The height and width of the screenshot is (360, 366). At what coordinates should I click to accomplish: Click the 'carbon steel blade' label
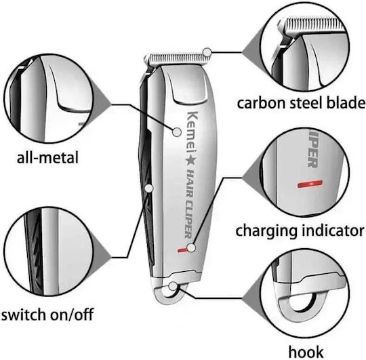click(x=301, y=103)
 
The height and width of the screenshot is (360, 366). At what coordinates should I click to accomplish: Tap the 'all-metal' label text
click(x=47, y=157)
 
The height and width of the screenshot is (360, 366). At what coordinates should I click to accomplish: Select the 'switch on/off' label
click(x=47, y=315)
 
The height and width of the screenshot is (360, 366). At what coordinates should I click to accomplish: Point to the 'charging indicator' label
click(x=300, y=231)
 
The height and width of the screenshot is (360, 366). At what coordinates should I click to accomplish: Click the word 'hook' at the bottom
click(x=306, y=352)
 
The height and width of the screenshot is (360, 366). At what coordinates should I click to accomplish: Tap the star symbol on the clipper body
click(x=191, y=161)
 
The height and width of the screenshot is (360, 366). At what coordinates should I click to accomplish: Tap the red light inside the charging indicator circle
click(x=310, y=184)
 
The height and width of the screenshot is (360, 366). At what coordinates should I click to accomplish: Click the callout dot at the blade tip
click(x=207, y=52)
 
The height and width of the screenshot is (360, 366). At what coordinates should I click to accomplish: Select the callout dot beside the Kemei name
click(x=177, y=132)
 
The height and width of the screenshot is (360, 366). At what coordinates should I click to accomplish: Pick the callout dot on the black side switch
click(x=148, y=188)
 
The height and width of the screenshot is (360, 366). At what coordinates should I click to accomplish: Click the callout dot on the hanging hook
click(x=173, y=285)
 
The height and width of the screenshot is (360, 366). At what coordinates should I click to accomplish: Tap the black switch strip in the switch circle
click(x=35, y=251)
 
